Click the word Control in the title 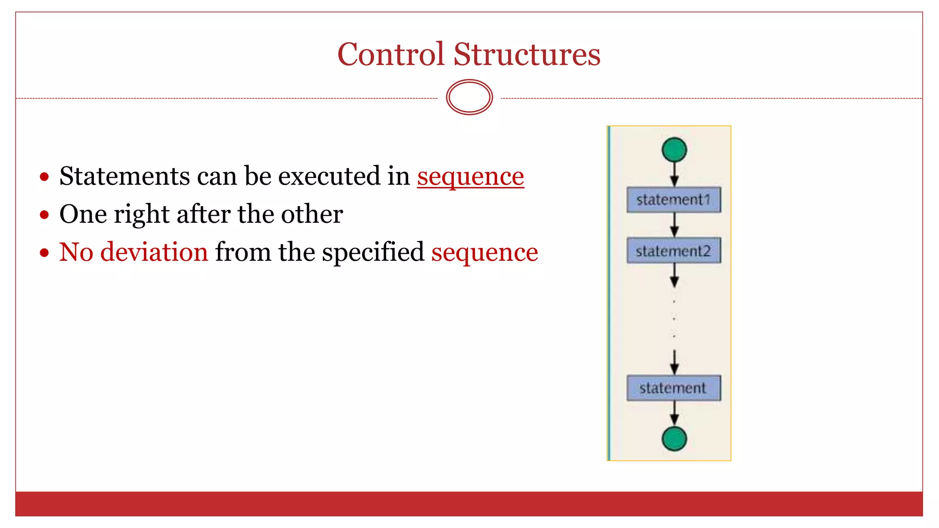(x=391, y=54)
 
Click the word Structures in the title (x=527, y=54)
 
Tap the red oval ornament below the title (x=469, y=97)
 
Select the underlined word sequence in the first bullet (x=470, y=176)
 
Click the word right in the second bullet (x=142, y=214)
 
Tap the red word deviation (x=154, y=252)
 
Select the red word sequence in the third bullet (x=485, y=253)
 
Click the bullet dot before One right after (x=44, y=214)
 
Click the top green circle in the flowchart (x=674, y=150)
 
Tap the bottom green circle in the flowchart (x=674, y=439)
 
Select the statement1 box (x=674, y=200)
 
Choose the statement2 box (x=674, y=251)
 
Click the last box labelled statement (x=674, y=388)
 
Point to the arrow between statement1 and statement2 (x=674, y=225)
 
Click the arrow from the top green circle (x=674, y=175)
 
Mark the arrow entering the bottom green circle (x=674, y=413)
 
